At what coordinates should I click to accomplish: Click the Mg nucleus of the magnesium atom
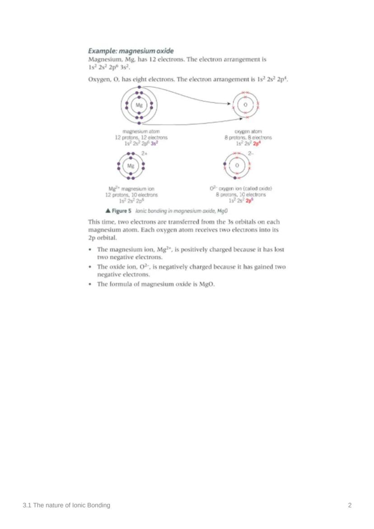[x=139, y=105]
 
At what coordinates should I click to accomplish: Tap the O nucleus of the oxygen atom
[x=245, y=105]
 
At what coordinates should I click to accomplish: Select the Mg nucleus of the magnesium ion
[x=131, y=166]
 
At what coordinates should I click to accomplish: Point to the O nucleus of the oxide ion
[x=238, y=166]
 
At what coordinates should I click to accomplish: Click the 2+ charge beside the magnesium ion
[x=145, y=154]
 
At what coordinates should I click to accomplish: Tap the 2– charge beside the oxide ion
[x=252, y=154]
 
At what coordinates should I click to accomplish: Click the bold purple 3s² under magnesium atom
[x=154, y=142]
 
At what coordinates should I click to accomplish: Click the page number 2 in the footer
[x=350, y=505]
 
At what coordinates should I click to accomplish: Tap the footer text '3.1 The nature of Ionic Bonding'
[x=66, y=505]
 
